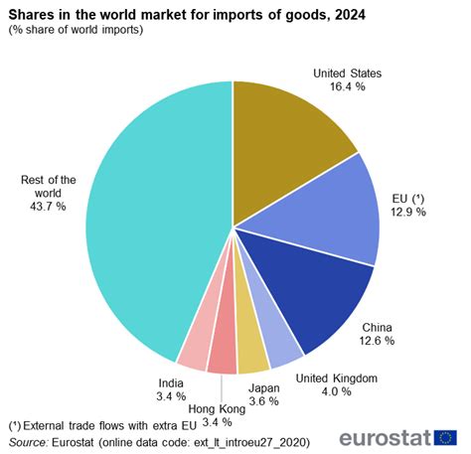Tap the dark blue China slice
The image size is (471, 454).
pyautogui.click(x=313, y=288)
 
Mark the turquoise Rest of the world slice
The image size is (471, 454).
pyautogui.click(x=149, y=219)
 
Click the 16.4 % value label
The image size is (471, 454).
pyautogui.click(x=347, y=87)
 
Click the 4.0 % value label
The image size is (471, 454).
pyautogui.click(x=338, y=391)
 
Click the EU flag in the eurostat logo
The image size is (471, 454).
pyautogui.click(x=445, y=438)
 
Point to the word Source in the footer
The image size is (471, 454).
pyautogui.click(x=29, y=440)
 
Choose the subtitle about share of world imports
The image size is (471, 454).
pyautogui.click(x=76, y=30)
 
